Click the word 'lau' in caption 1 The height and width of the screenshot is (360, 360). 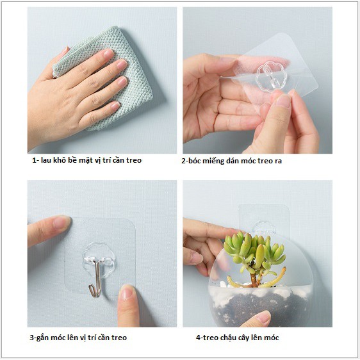coord(46,160)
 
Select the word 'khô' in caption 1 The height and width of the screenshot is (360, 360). coord(59,160)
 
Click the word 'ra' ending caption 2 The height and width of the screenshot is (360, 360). coord(277,161)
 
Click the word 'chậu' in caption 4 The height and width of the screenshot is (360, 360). coord(230,338)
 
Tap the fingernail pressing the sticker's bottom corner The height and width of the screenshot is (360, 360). coord(127,292)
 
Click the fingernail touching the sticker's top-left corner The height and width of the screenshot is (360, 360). coord(61,222)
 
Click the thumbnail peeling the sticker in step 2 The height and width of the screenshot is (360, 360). coord(283,101)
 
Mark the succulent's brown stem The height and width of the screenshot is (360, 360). coord(254,279)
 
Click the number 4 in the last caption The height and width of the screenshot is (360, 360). coord(198,338)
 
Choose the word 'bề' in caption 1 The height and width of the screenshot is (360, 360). coord(72,160)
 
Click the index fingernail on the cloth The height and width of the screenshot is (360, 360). coord(109,53)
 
